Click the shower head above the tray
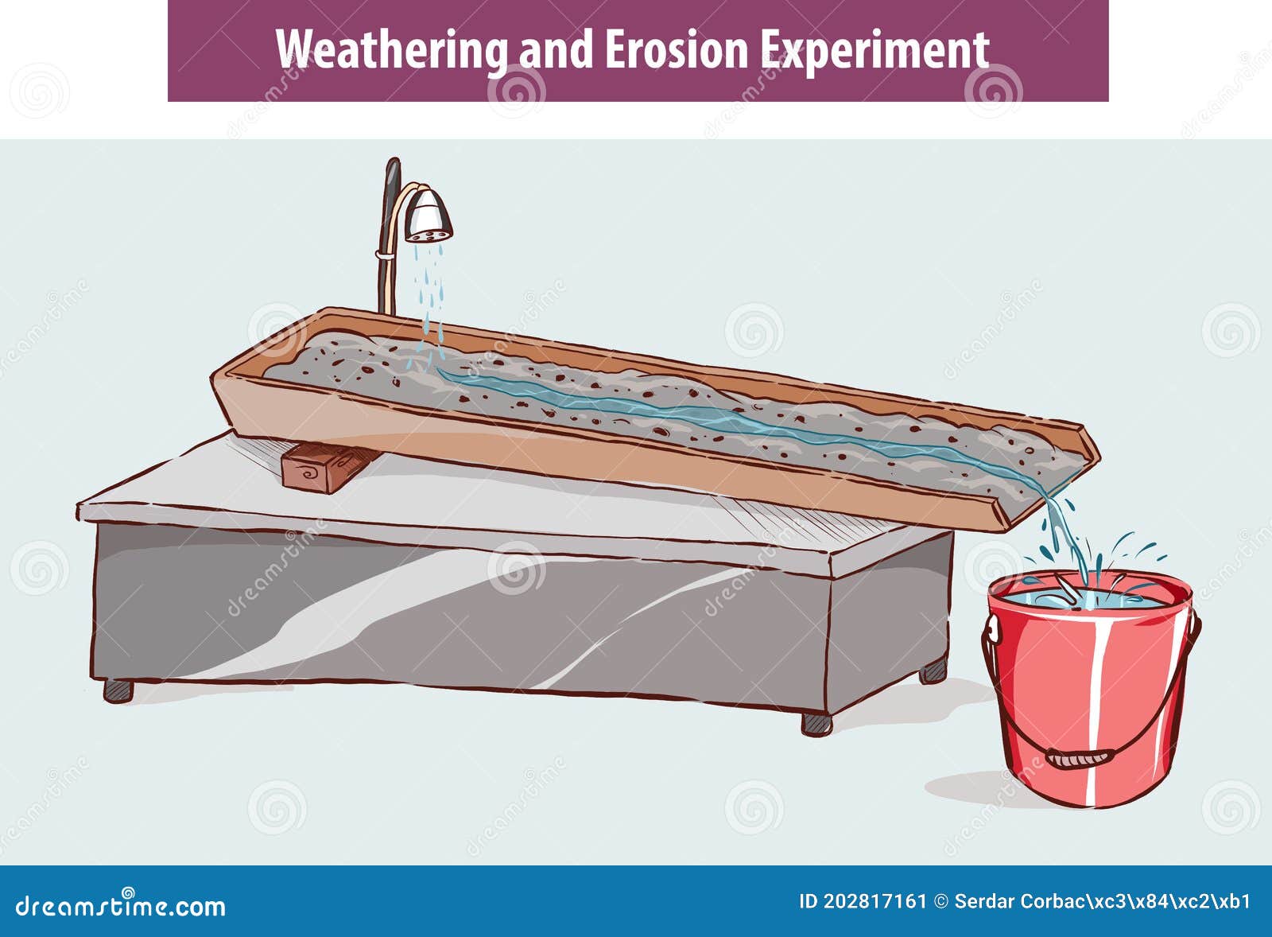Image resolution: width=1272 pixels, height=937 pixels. coord(428,215)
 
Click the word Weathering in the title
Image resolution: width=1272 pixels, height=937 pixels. coord(391,50)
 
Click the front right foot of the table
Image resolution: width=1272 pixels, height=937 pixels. coord(816,723)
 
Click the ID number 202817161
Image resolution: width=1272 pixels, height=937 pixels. coord(874,901)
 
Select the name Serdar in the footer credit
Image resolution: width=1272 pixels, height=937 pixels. coord(981,901)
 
